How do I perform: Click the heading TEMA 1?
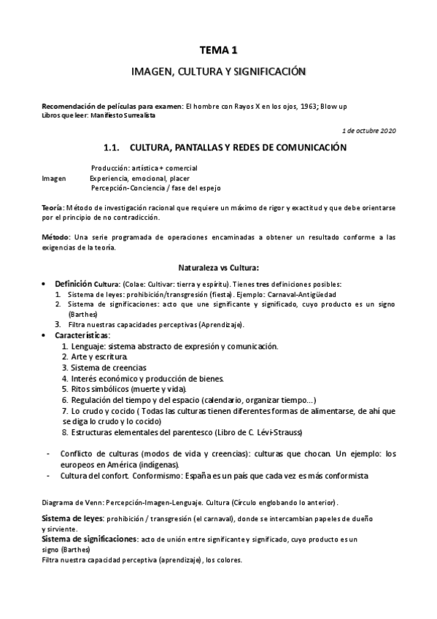tap(219, 50)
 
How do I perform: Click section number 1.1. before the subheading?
tap(111, 147)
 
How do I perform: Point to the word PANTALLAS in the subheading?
tap(193, 147)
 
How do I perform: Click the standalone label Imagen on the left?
tap(54, 178)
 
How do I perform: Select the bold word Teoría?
tap(53, 208)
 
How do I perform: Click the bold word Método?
tap(55, 237)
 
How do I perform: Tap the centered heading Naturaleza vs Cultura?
tap(219, 267)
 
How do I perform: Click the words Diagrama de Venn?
tap(71, 503)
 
